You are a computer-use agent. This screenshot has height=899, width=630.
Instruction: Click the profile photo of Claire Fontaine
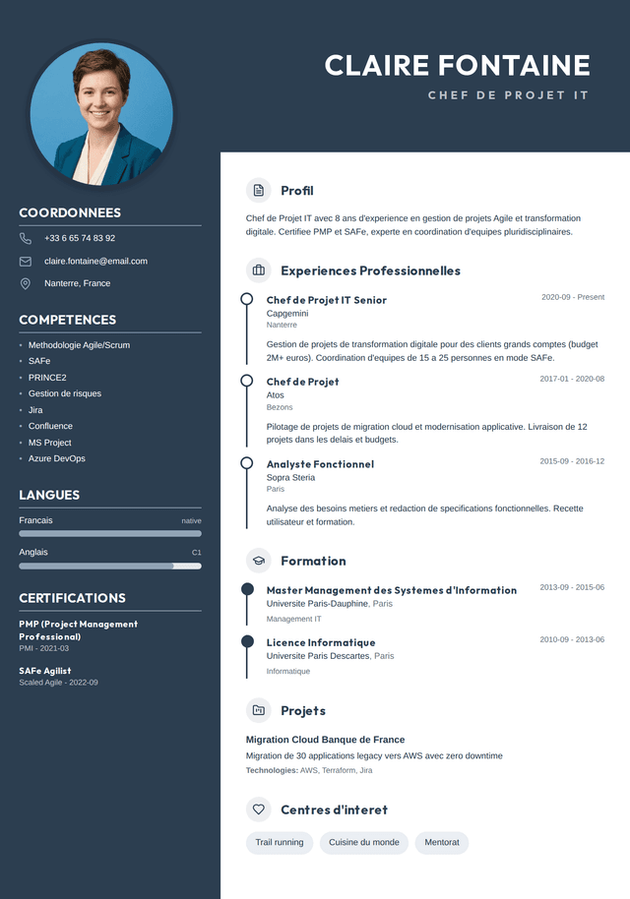pos(101,115)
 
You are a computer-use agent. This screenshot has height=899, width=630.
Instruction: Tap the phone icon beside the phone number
pos(26,238)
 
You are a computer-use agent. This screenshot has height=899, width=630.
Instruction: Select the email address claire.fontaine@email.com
pos(95,261)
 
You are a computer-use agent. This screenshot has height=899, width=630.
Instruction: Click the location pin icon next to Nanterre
pos(26,283)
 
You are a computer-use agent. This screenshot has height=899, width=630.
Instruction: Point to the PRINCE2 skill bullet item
pos(47,378)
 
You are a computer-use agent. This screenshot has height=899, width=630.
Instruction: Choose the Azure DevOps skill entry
pos(56,458)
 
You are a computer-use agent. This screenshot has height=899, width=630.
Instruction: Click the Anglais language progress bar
pos(110,566)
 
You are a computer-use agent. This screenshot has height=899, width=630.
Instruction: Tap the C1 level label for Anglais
pos(196,553)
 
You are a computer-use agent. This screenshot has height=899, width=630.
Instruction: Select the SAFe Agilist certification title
pos(45,671)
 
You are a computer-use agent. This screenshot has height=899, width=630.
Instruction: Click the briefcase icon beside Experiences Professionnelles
pos(259,270)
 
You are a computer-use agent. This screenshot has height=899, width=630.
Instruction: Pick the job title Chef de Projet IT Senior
pos(327,300)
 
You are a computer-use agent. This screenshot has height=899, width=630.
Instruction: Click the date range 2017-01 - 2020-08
pos(572,379)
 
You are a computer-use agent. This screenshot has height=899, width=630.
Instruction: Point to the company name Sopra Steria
pos(290,477)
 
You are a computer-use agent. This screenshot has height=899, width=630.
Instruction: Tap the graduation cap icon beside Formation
pos(259,561)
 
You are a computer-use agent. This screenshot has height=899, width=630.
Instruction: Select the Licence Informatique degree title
pos(321,642)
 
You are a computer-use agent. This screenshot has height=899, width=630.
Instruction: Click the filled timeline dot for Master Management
pos(247,589)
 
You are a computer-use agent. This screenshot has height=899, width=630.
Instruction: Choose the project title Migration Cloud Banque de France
pos(325,740)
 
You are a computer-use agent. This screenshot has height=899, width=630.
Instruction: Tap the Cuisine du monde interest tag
pos(364,843)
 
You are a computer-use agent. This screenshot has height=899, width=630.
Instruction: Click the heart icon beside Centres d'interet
pos(259,809)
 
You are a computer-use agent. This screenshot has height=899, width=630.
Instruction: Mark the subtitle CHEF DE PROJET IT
pos(508,95)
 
